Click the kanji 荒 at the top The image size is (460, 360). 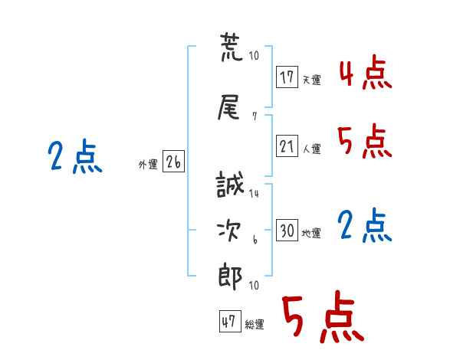point(232,47)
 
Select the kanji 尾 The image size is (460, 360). point(228,107)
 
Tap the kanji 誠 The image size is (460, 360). point(230,185)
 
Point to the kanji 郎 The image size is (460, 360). point(230,277)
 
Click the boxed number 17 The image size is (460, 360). point(287,77)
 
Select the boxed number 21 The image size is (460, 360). point(287,146)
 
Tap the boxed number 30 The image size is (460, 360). point(287,230)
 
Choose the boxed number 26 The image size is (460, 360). point(173,162)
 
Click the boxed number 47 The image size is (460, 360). point(230,321)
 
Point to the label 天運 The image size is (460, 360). point(312,80)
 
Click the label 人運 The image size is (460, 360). point(312,149)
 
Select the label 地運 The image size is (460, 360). point(311,234)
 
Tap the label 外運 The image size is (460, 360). point(148,165)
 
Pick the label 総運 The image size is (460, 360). point(255,325)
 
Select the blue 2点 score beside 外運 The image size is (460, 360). point(75,156)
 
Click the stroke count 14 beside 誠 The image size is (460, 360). point(254,194)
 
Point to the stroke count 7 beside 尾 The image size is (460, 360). point(255,116)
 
